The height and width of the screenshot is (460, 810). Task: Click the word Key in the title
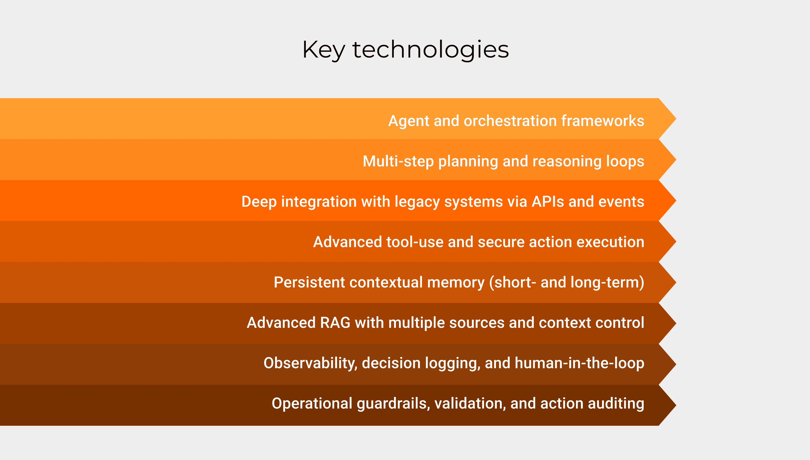click(323, 50)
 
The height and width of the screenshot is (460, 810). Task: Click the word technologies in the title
click(430, 50)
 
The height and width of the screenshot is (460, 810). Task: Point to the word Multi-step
click(398, 161)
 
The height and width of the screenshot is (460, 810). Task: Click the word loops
click(625, 161)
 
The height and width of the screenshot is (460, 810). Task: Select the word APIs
click(547, 201)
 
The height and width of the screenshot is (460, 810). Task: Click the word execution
click(610, 242)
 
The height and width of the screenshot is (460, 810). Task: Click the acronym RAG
click(335, 323)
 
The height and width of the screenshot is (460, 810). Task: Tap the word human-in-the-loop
click(580, 363)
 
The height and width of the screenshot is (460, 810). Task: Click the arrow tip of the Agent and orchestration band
click(676, 118)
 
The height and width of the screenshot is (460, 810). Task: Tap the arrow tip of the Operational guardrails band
click(676, 405)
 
